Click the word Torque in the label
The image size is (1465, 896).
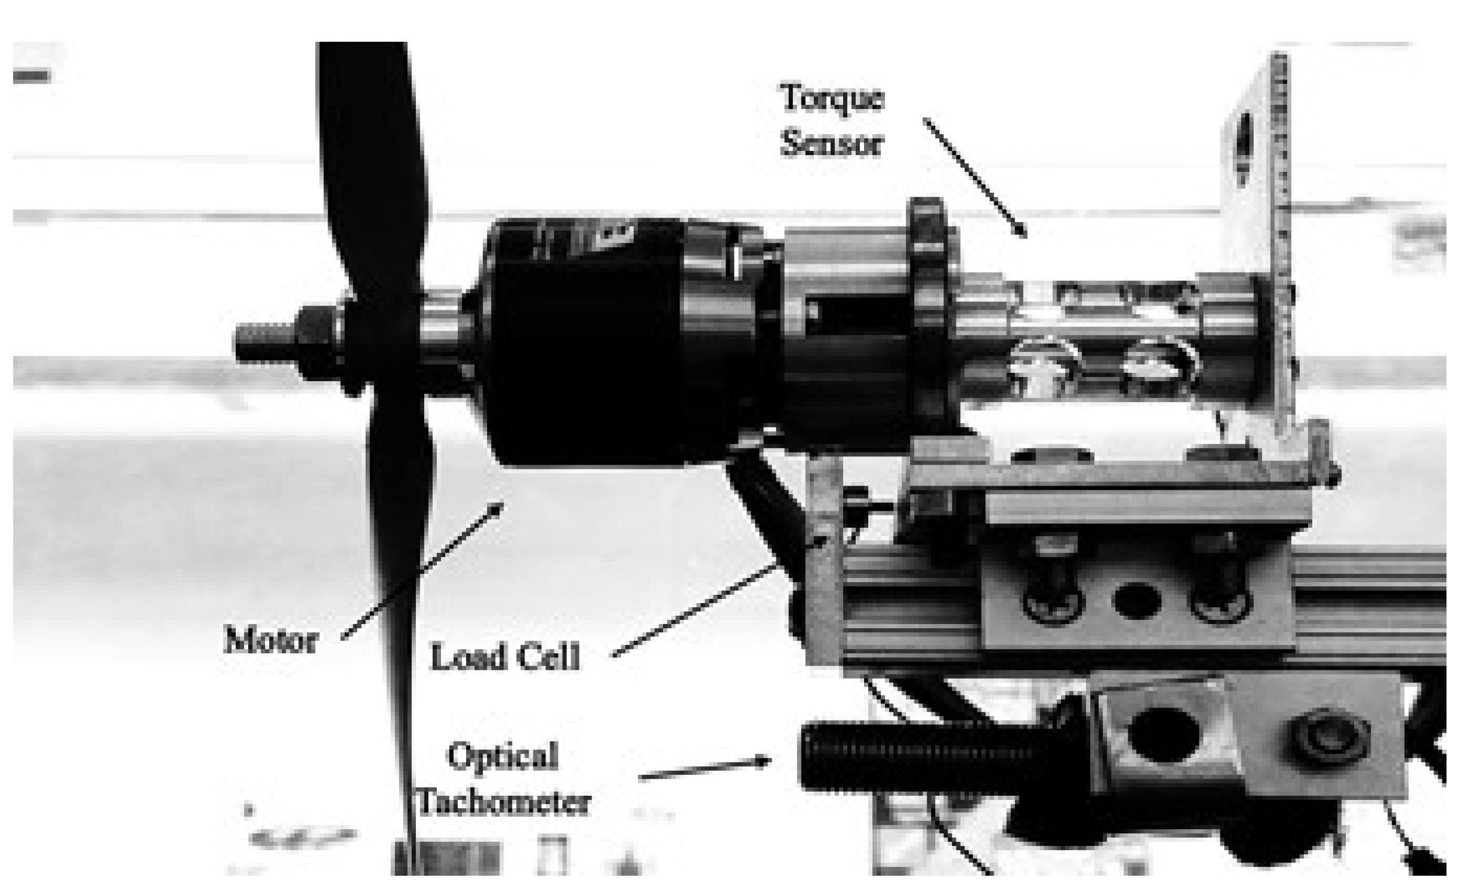[832, 99]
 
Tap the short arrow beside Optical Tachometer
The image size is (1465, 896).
[704, 770]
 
